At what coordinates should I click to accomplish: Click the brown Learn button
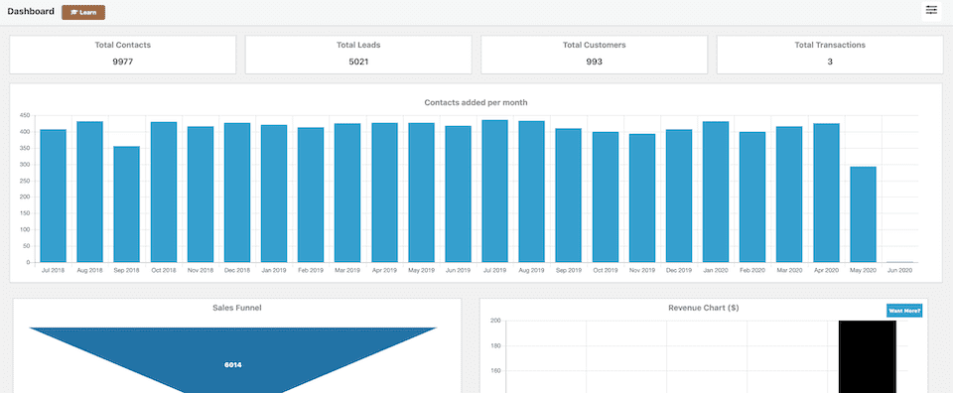[83, 12]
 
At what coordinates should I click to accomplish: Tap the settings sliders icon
[931, 10]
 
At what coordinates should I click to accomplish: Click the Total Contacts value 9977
[123, 62]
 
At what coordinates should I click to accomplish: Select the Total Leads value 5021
[358, 62]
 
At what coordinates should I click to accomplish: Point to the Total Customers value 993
[594, 62]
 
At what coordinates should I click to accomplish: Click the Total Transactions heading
[830, 45]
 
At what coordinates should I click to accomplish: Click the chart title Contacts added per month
[476, 102]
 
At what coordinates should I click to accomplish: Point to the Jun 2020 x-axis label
[899, 270]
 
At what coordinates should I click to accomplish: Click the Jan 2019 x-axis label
[274, 270]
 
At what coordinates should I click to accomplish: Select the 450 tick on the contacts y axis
[25, 116]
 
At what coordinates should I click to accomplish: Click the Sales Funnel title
[237, 308]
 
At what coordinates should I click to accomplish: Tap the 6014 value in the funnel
[233, 364]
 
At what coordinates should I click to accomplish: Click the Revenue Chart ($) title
[703, 308]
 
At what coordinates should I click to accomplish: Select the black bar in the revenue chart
[867, 356]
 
